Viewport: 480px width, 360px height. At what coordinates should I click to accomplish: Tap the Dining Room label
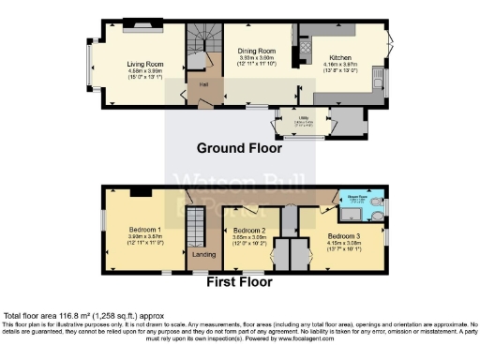pos(256,51)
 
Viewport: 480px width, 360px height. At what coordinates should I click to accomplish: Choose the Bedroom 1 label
pos(145,230)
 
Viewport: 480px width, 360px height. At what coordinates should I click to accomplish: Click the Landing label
pos(203,254)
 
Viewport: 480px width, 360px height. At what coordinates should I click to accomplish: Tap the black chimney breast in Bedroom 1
pos(142,191)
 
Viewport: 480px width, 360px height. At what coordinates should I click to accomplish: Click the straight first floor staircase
pos(195,228)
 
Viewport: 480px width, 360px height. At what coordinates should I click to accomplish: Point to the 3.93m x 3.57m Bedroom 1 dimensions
pos(145,239)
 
